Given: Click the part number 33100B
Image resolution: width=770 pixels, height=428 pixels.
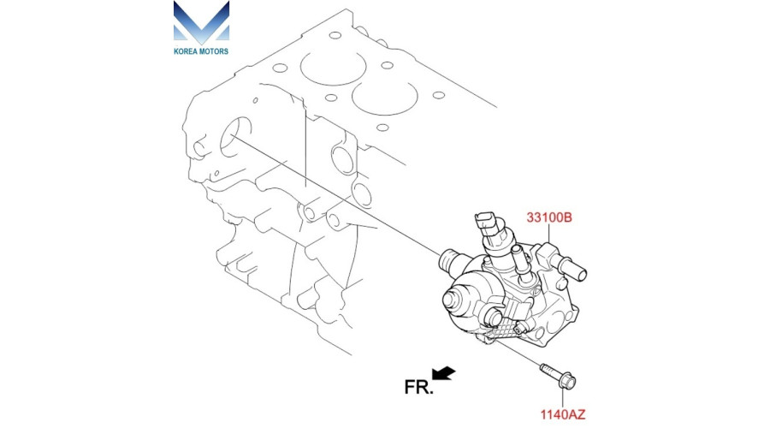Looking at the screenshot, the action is coord(549,217).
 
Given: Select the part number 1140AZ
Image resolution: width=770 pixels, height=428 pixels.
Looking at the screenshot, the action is coord(563,414).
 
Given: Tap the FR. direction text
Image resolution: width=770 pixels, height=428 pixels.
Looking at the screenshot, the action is coord(419,387).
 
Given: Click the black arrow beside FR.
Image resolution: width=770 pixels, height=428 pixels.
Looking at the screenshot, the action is coord(443,373).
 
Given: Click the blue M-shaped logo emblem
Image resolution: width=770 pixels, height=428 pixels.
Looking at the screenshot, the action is coord(201,22).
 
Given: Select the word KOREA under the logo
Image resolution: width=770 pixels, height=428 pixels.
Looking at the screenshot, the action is coord(185,51).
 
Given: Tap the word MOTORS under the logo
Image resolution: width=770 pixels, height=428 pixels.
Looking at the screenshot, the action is coord(214,51).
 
